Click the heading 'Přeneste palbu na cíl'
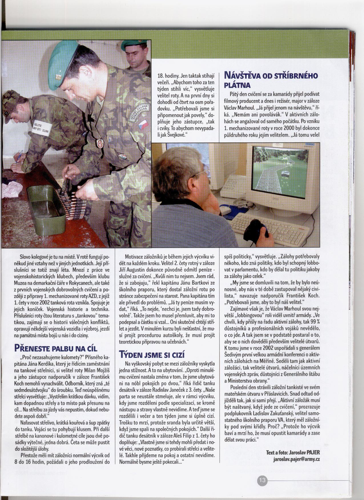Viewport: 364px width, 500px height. click(56, 348)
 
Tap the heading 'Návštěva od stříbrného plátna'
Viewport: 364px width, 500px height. click(271, 80)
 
